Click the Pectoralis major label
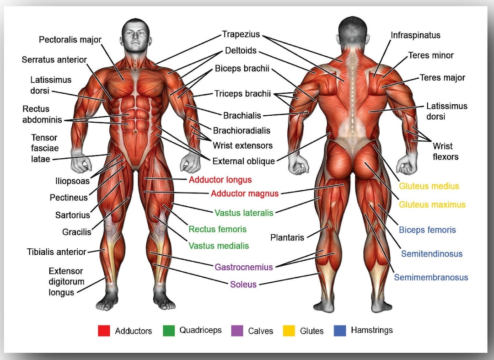tap(70, 40)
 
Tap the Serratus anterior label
tap(54, 59)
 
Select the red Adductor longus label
tap(220, 180)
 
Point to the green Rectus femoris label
tap(217, 229)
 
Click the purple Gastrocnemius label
tap(243, 267)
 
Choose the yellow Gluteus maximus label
tap(432, 205)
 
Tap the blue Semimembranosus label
tap(431, 277)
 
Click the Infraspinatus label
tap(415, 35)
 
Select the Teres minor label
tap(431, 55)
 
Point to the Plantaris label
tap(287, 237)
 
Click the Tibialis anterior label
tap(56, 252)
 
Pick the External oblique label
tap(243, 161)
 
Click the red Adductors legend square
tap(104, 331)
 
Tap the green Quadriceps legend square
tap(169, 331)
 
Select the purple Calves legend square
tap(237, 331)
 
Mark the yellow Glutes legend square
tap(289, 331)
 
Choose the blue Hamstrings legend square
tap(339, 331)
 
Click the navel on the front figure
tap(135, 132)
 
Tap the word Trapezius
tap(241, 34)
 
